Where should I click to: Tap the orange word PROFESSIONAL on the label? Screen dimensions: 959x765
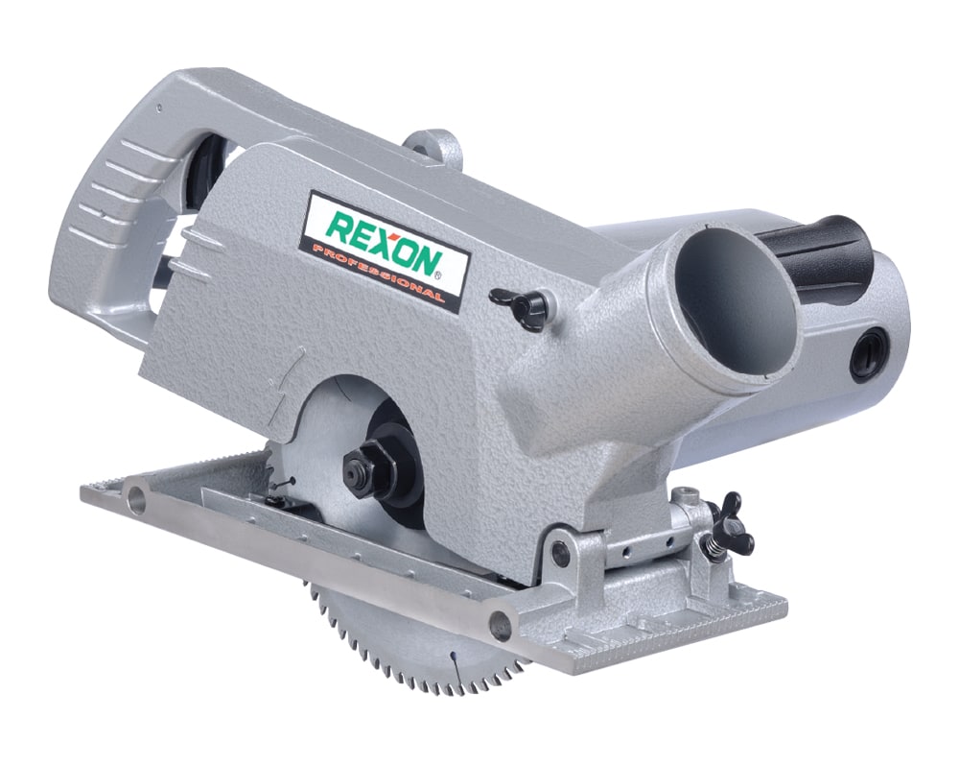378,273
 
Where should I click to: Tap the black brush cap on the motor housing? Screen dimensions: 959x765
868,355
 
